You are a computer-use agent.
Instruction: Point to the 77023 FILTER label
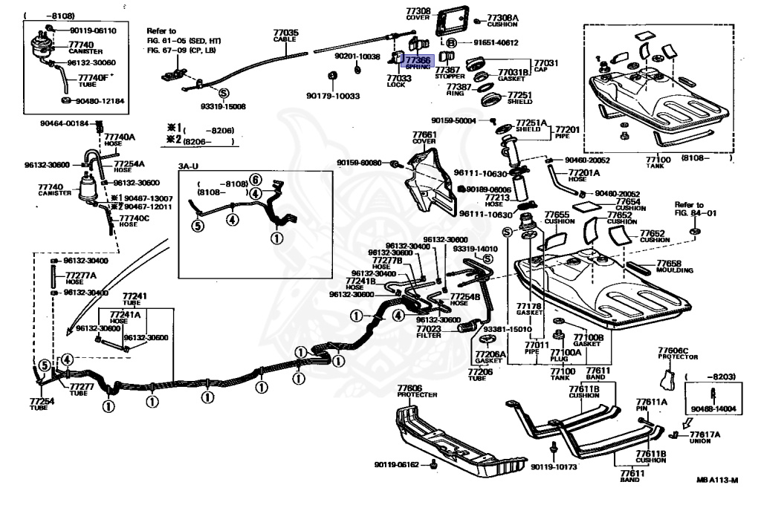pyautogui.click(x=429, y=331)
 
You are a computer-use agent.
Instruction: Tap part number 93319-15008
pyautogui.click(x=222, y=106)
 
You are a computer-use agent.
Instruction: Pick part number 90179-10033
pyautogui.click(x=333, y=96)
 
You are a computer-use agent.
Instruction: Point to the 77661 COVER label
pyautogui.click(x=424, y=138)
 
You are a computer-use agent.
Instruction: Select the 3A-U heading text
pyautogui.click(x=189, y=166)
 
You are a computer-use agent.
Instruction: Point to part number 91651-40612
pyautogui.click(x=493, y=43)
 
